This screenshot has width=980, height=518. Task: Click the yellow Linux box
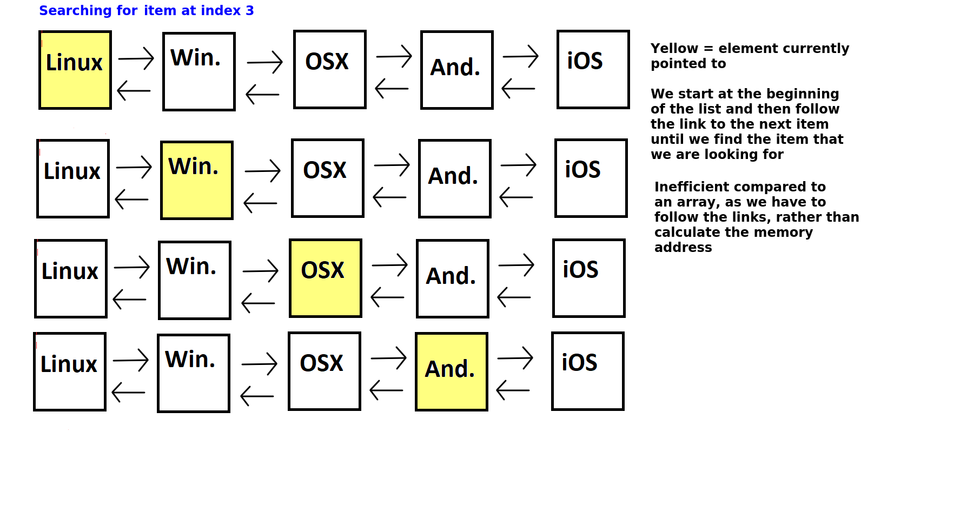tap(75, 70)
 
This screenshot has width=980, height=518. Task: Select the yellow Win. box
tap(197, 180)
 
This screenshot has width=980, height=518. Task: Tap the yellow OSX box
tap(326, 278)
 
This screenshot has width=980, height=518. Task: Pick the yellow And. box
tap(452, 371)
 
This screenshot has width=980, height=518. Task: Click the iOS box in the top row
tap(593, 69)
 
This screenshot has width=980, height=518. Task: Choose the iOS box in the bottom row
tap(588, 371)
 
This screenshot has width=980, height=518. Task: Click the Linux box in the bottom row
tap(70, 371)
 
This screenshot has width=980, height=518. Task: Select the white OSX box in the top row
tap(330, 69)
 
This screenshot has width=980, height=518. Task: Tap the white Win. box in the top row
tap(199, 71)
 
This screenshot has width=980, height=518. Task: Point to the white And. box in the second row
tap(455, 178)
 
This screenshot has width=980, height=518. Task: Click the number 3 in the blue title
tap(250, 10)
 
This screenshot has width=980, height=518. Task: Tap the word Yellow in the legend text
tap(674, 48)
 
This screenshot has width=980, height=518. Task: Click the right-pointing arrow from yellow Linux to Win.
tap(136, 58)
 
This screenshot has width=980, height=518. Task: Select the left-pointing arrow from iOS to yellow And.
tap(513, 390)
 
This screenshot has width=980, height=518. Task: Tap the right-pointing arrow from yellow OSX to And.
tap(390, 264)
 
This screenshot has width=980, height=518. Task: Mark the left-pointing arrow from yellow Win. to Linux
tap(131, 199)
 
